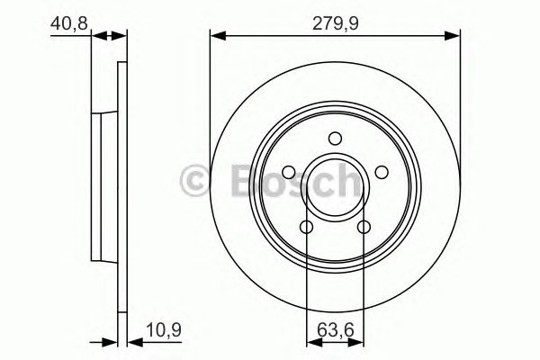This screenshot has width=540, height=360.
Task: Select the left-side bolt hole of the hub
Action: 289,172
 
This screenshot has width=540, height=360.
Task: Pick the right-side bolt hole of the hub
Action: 381,172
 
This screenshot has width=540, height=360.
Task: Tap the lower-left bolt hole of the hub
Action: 307,227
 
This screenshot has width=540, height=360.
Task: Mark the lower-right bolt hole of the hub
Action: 364,227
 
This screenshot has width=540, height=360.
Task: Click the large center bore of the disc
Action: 335,184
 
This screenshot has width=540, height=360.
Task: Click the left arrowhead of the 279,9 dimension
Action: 216,35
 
